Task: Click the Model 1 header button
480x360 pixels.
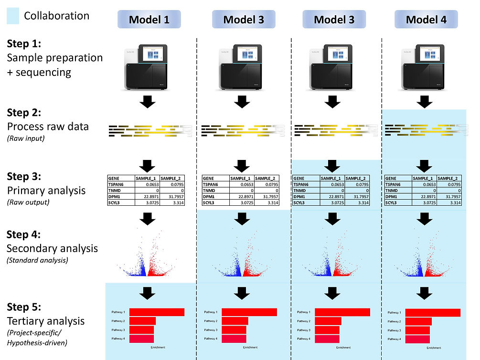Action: [x=149, y=20]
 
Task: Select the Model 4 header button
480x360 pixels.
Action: [x=426, y=20]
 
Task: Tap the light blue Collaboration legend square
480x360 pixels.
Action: [x=12, y=16]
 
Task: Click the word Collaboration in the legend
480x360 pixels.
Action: [x=56, y=16]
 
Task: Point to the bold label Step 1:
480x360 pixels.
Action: [x=24, y=43]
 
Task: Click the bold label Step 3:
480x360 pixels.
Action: [x=24, y=176]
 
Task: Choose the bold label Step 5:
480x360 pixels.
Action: [x=24, y=306]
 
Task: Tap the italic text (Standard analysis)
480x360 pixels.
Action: [x=38, y=260]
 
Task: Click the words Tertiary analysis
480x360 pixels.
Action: [x=45, y=321]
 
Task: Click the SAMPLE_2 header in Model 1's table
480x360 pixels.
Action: [x=172, y=178]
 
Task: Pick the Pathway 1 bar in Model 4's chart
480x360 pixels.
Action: [x=433, y=313]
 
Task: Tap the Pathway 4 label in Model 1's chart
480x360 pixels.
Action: [x=118, y=339]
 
